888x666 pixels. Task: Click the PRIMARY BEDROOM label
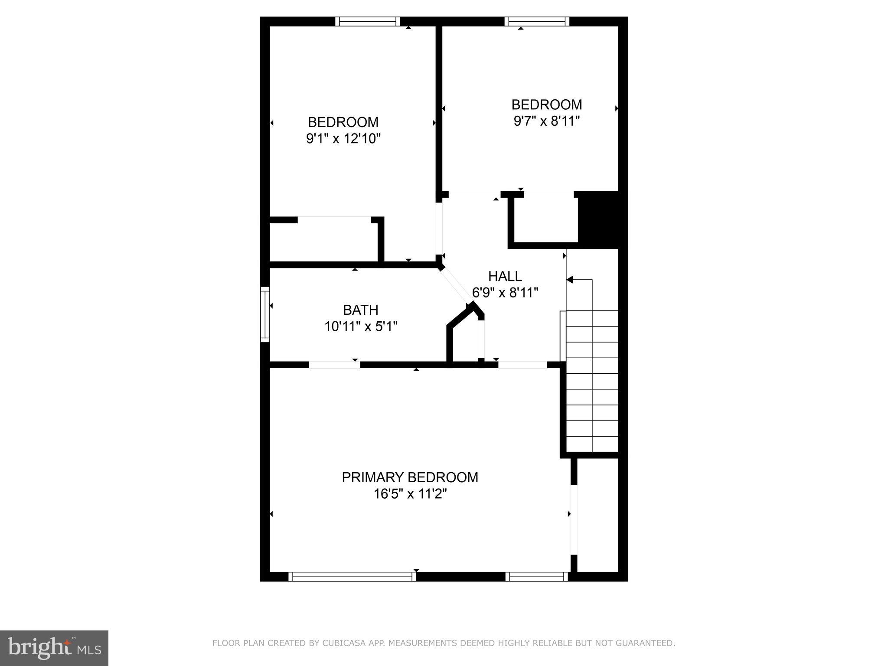click(410, 477)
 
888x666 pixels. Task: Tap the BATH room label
click(360, 310)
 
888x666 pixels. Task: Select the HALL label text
click(505, 276)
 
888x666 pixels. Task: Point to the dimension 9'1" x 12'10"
click(343, 139)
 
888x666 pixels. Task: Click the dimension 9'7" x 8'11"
click(546, 121)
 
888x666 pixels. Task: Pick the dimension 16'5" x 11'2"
click(410, 494)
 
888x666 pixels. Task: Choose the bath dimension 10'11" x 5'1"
click(361, 326)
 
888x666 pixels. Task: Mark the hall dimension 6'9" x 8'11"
click(505, 293)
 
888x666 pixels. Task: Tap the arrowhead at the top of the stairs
click(570, 280)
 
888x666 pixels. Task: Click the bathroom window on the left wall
click(264, 314)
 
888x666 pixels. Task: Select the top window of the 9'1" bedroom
click(368, 22)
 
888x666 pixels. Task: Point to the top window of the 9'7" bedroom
click(537, 22)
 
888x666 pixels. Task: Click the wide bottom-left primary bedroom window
click(352, 576)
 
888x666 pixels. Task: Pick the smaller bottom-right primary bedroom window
click(536, 576)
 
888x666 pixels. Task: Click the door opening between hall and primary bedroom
click(522, 365)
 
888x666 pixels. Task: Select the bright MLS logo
click(54, 648)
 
